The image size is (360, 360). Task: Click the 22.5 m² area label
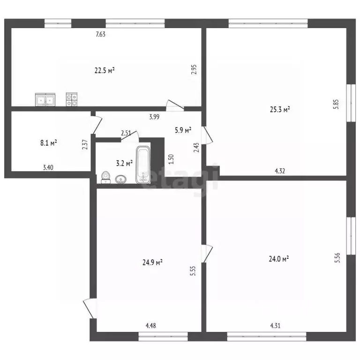(x=105, y=70)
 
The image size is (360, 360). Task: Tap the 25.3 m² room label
(x=280, y=109)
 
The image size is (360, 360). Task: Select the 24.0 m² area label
(x=279, y=259)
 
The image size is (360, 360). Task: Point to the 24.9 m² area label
(x=152, y=262)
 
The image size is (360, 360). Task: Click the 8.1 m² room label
(x=49, y=143)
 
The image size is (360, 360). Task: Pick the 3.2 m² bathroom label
(x=124, y=163)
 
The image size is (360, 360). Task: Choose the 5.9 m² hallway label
(x=183, y=130)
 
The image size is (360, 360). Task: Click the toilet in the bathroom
(x=105, y=178)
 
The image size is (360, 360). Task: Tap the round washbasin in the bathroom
(x=120, y=180)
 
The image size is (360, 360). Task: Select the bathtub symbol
(x=143, y=165)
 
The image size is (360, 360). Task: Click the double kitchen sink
(x=45, y=100)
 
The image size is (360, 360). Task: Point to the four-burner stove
(x=72, y=99)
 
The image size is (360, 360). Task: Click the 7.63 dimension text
(x=101, y=34)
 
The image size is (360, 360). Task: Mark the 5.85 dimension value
(x=336, y=104)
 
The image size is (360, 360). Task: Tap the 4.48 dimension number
(x=151, y=326)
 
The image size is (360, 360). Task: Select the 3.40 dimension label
(x=48, y=167)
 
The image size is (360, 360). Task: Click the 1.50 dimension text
(x=171, y=159)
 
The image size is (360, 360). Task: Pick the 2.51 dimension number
(x=126, y=133)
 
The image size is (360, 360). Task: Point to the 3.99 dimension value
(x=154, y=117)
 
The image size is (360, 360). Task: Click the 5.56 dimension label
(x=337, y=258)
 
